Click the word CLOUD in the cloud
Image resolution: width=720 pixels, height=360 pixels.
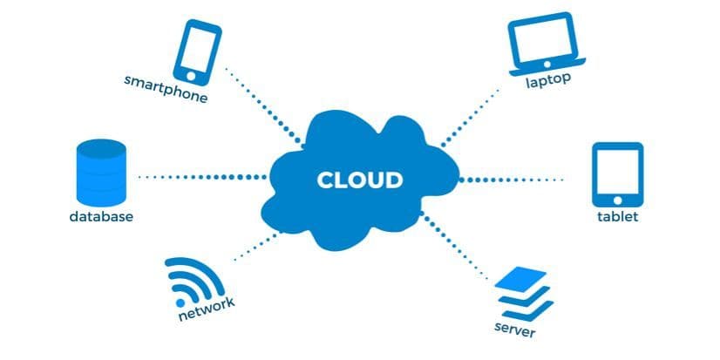359,180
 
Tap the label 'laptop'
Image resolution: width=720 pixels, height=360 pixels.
547,81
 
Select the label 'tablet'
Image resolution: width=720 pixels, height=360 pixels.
617,216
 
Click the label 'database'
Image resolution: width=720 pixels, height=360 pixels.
101,216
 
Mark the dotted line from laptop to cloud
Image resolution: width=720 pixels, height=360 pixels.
471,113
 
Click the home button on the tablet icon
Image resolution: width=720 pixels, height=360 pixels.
617,199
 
